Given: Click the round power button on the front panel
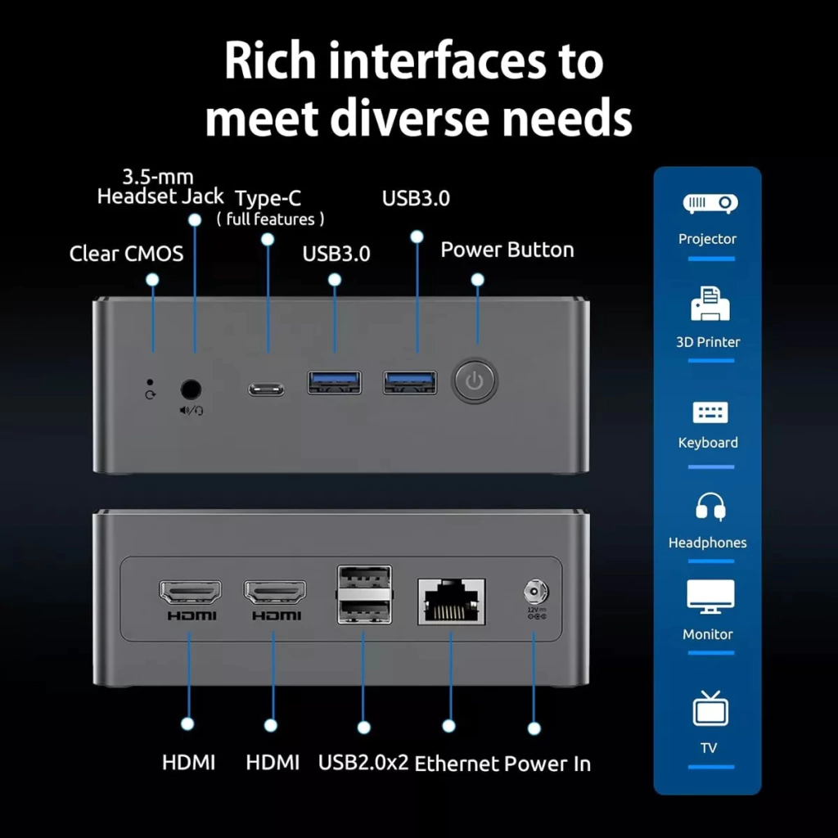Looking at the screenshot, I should [x=475, y=381].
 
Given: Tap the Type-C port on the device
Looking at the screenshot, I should [x=267, y=389].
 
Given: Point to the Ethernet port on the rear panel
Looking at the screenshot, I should [x=451, y=601].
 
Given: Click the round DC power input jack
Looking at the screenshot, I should [x=535, y=591].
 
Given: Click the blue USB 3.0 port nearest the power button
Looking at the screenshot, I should [x=410, y=381].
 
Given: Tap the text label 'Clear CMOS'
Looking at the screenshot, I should [x=126, y=254].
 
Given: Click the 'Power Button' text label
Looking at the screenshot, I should [x=507, y=250].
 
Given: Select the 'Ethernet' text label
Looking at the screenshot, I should [x=457, y=764].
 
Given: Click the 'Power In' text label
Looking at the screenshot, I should [x=547, y=764].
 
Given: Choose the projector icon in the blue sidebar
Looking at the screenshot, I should [x=707, y=203].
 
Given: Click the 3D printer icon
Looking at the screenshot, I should [x=708, y=304].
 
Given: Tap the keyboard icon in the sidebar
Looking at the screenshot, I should [x=708, y=412].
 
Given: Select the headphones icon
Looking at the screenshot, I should [x=708, y=508].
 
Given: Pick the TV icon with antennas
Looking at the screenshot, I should [x=708, y=708].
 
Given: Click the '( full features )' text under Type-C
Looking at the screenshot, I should [x=270, y=219].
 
